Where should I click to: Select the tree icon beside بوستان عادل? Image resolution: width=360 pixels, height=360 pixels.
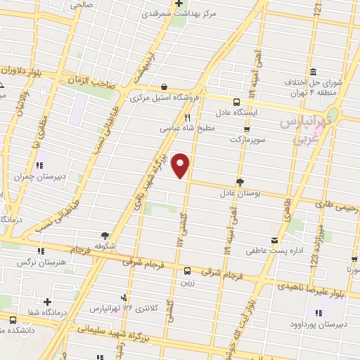(240, 181)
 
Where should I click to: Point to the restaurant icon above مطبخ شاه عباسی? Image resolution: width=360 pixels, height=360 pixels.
(188, 117)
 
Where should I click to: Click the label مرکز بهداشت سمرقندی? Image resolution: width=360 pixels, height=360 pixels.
(179, 13)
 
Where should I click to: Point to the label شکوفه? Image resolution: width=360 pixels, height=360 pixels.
(105, 247)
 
